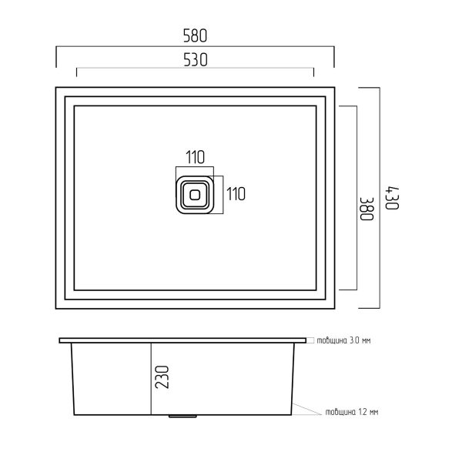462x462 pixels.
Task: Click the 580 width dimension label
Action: (x=195, y=35)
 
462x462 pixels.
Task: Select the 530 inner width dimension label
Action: (x=196, y=60)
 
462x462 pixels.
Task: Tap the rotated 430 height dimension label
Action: (x=393, y=198)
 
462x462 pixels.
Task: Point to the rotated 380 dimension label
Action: (x=367, y=209)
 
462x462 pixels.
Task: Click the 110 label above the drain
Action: (x=195, y=157)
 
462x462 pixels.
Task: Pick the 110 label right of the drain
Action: (x=236, y=194)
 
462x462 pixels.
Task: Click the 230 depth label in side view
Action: (x=162, y=377)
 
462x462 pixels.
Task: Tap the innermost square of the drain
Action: (x=195, y=195)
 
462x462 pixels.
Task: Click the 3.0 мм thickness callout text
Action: (x=343, y=340)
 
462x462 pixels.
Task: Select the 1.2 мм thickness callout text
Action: (x=352, y=412)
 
